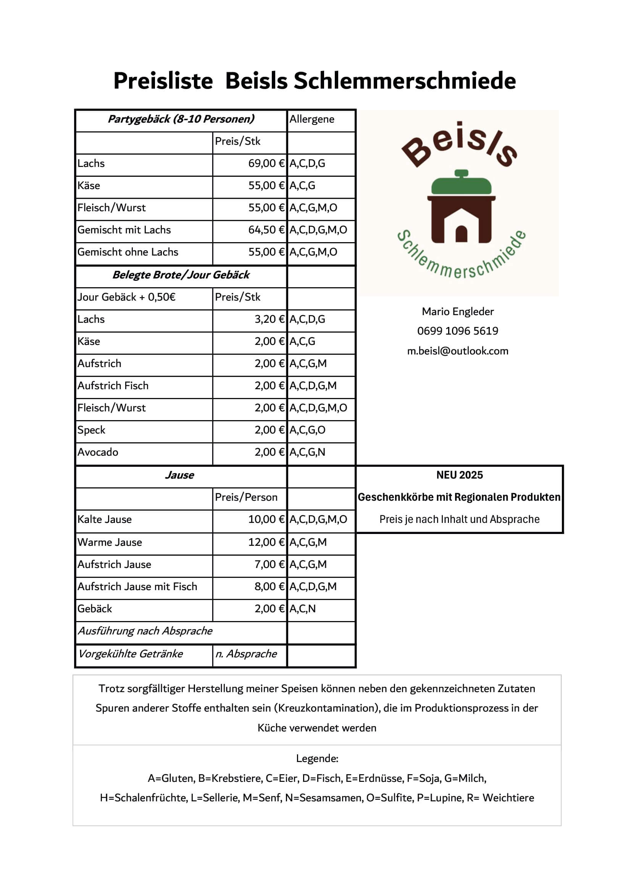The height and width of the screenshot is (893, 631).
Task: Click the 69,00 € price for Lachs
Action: [266, 163]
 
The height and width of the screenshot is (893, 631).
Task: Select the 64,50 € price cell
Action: [266, 230]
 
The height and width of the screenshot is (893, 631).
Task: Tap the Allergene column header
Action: [311, 119]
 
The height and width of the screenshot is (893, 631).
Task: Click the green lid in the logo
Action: [461, 183]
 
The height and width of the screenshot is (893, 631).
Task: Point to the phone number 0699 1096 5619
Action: [458, 331]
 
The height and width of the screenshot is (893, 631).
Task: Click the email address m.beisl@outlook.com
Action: [458, 351]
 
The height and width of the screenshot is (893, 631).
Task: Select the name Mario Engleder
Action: [458, 312]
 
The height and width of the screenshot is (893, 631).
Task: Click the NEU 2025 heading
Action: [459, 475]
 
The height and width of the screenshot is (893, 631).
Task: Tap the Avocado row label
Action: [98, 452]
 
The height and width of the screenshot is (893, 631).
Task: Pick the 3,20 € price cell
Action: [270, 319]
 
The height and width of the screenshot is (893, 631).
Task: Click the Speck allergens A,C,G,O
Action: [307, 430]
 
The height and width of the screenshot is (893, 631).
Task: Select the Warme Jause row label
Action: [110, 542]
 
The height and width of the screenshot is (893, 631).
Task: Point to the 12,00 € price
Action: [266, 542]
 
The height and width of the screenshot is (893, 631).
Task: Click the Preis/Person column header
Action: [246, 497]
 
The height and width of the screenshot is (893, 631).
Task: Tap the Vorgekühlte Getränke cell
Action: [131, 654]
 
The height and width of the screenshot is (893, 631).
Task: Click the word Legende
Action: [317, 759]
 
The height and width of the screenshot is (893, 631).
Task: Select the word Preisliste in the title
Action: [163, 81]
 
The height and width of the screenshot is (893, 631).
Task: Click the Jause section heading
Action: [180, 475]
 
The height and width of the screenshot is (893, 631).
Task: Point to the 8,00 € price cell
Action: [270, 587]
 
